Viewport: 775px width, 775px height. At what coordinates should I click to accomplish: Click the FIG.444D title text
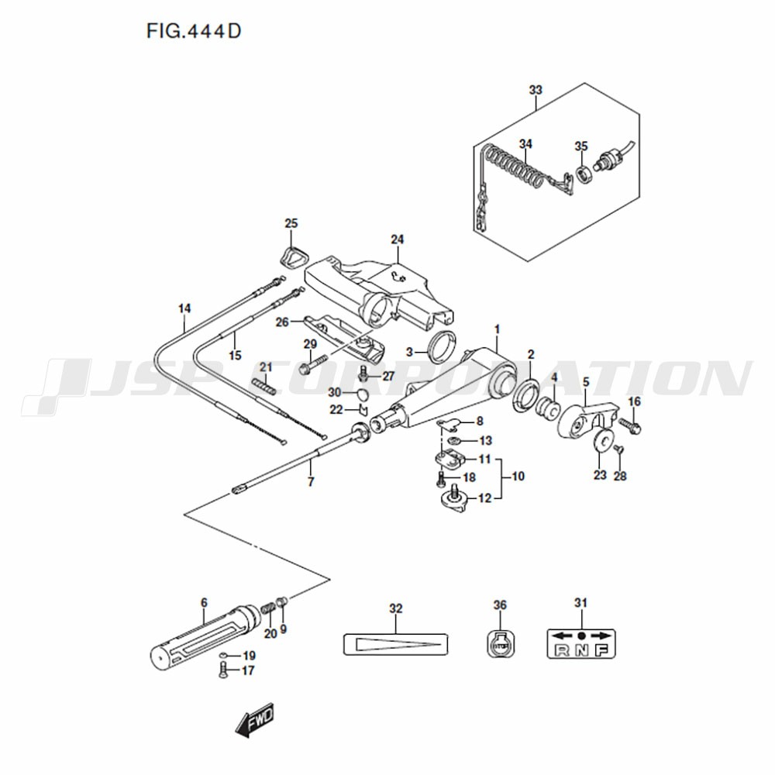[193, 31]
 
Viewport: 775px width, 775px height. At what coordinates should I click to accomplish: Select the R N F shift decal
[581, 643]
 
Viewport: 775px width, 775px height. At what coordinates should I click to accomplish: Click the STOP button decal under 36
[500, 644]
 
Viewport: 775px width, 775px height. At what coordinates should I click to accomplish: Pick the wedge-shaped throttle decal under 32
[396, 645]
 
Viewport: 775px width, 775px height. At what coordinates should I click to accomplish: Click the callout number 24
[398, 239]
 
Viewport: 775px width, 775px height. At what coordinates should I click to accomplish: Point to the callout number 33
[536, 90]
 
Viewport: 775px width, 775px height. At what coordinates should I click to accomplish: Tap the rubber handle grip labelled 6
[205, 638]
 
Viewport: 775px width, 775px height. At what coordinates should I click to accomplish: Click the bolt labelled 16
[628, 425]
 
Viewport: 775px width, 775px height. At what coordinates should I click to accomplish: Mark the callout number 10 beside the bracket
[518, 477]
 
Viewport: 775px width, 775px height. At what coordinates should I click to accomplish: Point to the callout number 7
[311, 481]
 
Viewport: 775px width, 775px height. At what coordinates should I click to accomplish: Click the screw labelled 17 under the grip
[223, 671]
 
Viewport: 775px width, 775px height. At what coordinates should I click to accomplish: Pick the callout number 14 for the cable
[184, 309]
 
